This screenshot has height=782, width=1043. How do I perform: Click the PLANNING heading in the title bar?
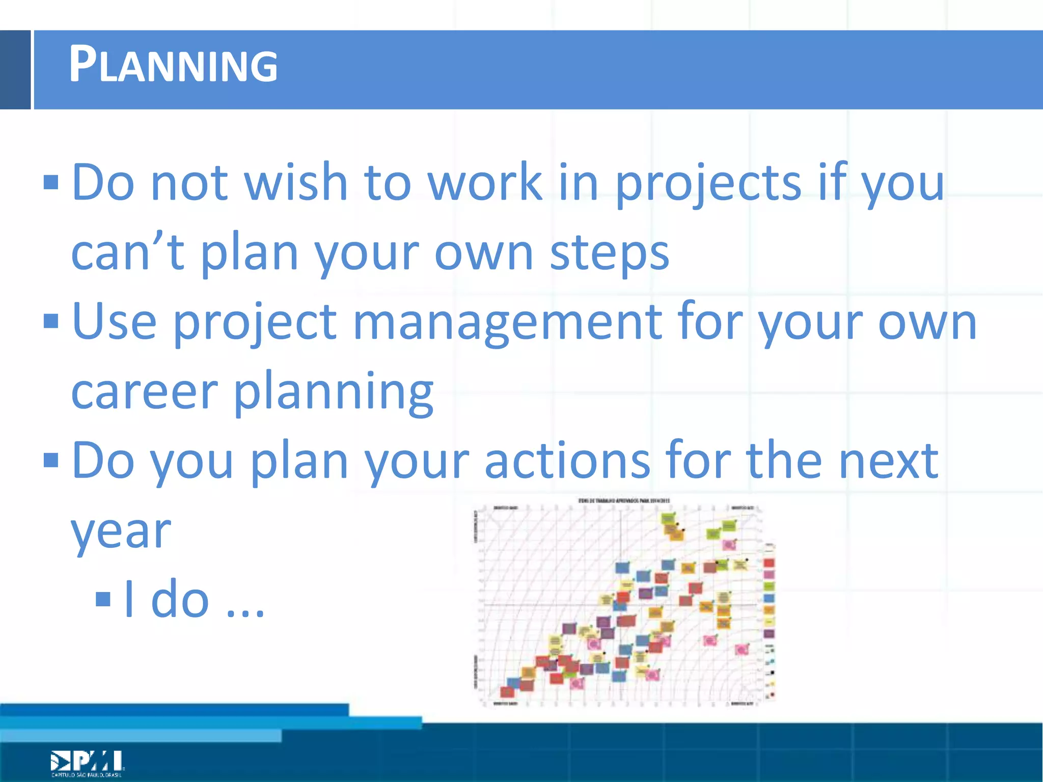click(x=173, y=65)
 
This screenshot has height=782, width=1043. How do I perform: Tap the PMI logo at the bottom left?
click(x=87, y=762)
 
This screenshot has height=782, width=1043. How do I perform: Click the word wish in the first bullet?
click(x=296, y=182)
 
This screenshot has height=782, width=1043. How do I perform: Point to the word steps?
click(x=609, y=253)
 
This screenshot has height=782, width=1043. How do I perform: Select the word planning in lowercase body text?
click(x=334, y=392)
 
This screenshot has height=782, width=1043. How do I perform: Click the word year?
click(x=121, y=532)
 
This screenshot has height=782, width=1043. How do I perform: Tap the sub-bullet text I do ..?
click(x=194, y=599)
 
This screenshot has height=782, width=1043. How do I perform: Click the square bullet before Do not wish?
click(x=51, y=182)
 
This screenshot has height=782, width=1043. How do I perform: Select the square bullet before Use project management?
click(x=51, y=321)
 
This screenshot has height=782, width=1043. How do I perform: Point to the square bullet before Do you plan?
click(x=51, y=460)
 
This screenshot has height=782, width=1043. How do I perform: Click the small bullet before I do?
click(x=103, y=599)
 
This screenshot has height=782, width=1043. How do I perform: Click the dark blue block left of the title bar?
click(x=15, y=70)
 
